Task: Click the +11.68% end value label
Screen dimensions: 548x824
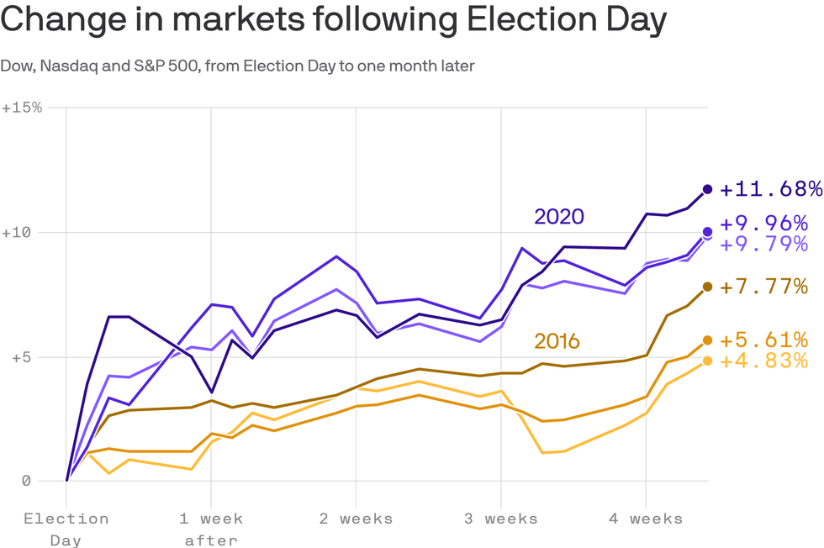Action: pyautogui.click(x=770, y=188)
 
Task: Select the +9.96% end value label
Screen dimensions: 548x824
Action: pyautogui.click(x=763, y=224)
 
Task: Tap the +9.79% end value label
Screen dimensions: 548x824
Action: pyautogui.click(x=763, y=244)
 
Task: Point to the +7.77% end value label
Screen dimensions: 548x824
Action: pyautogui.click(x=763, y=287)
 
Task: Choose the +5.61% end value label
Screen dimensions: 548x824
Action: pyautogui.click(x=763, y=340)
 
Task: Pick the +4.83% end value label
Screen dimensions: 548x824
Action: pyautogui.click(x=763, y=361)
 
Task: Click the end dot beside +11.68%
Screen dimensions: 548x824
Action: pyautogui.click(x=707, y=189)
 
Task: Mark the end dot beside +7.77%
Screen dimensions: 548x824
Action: pyautogui.click(x=707, y=287)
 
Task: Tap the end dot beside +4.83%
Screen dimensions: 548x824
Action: pyautogui.click(x=707, y=361)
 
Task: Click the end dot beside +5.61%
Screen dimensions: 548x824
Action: pyautogui.click(x=707, y=340)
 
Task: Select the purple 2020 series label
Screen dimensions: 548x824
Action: pyautogui.click(x=559, y=217)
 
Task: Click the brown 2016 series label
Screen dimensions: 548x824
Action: pyautogui.click(x=557, y=341)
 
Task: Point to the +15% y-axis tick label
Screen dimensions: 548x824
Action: pyautogui.click(x=22, y=108)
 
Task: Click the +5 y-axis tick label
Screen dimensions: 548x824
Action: pyautogui.click(x=16, y=357)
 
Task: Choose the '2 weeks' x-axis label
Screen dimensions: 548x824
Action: pyautogui.click(x=356, y=519)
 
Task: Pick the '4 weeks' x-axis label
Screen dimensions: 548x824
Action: pyautogui.click(x=646, y=519)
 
